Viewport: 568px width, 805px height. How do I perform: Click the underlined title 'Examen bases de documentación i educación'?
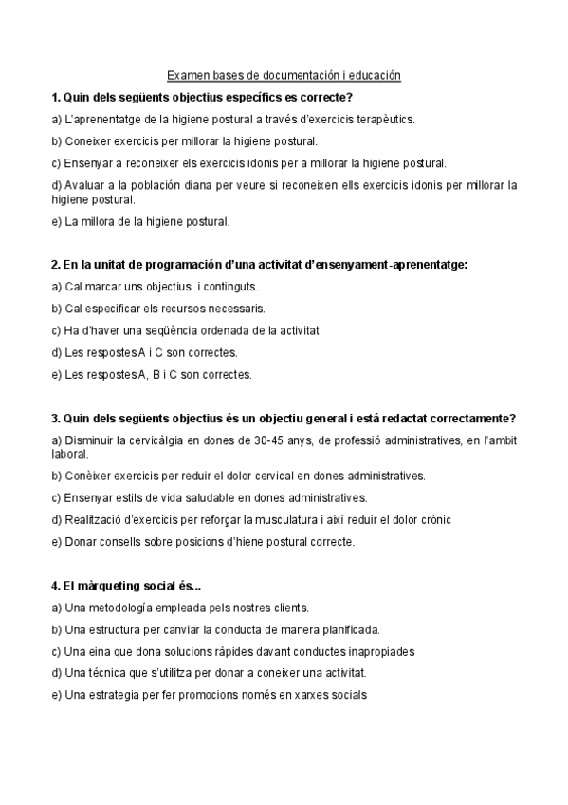(x=284, y=75)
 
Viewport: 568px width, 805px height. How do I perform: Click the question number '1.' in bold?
(x=56, y=98)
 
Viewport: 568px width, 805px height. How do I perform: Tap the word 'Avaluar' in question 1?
(x=85, y=185)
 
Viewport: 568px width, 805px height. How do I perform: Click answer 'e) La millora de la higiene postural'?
(x=140, y=222)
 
